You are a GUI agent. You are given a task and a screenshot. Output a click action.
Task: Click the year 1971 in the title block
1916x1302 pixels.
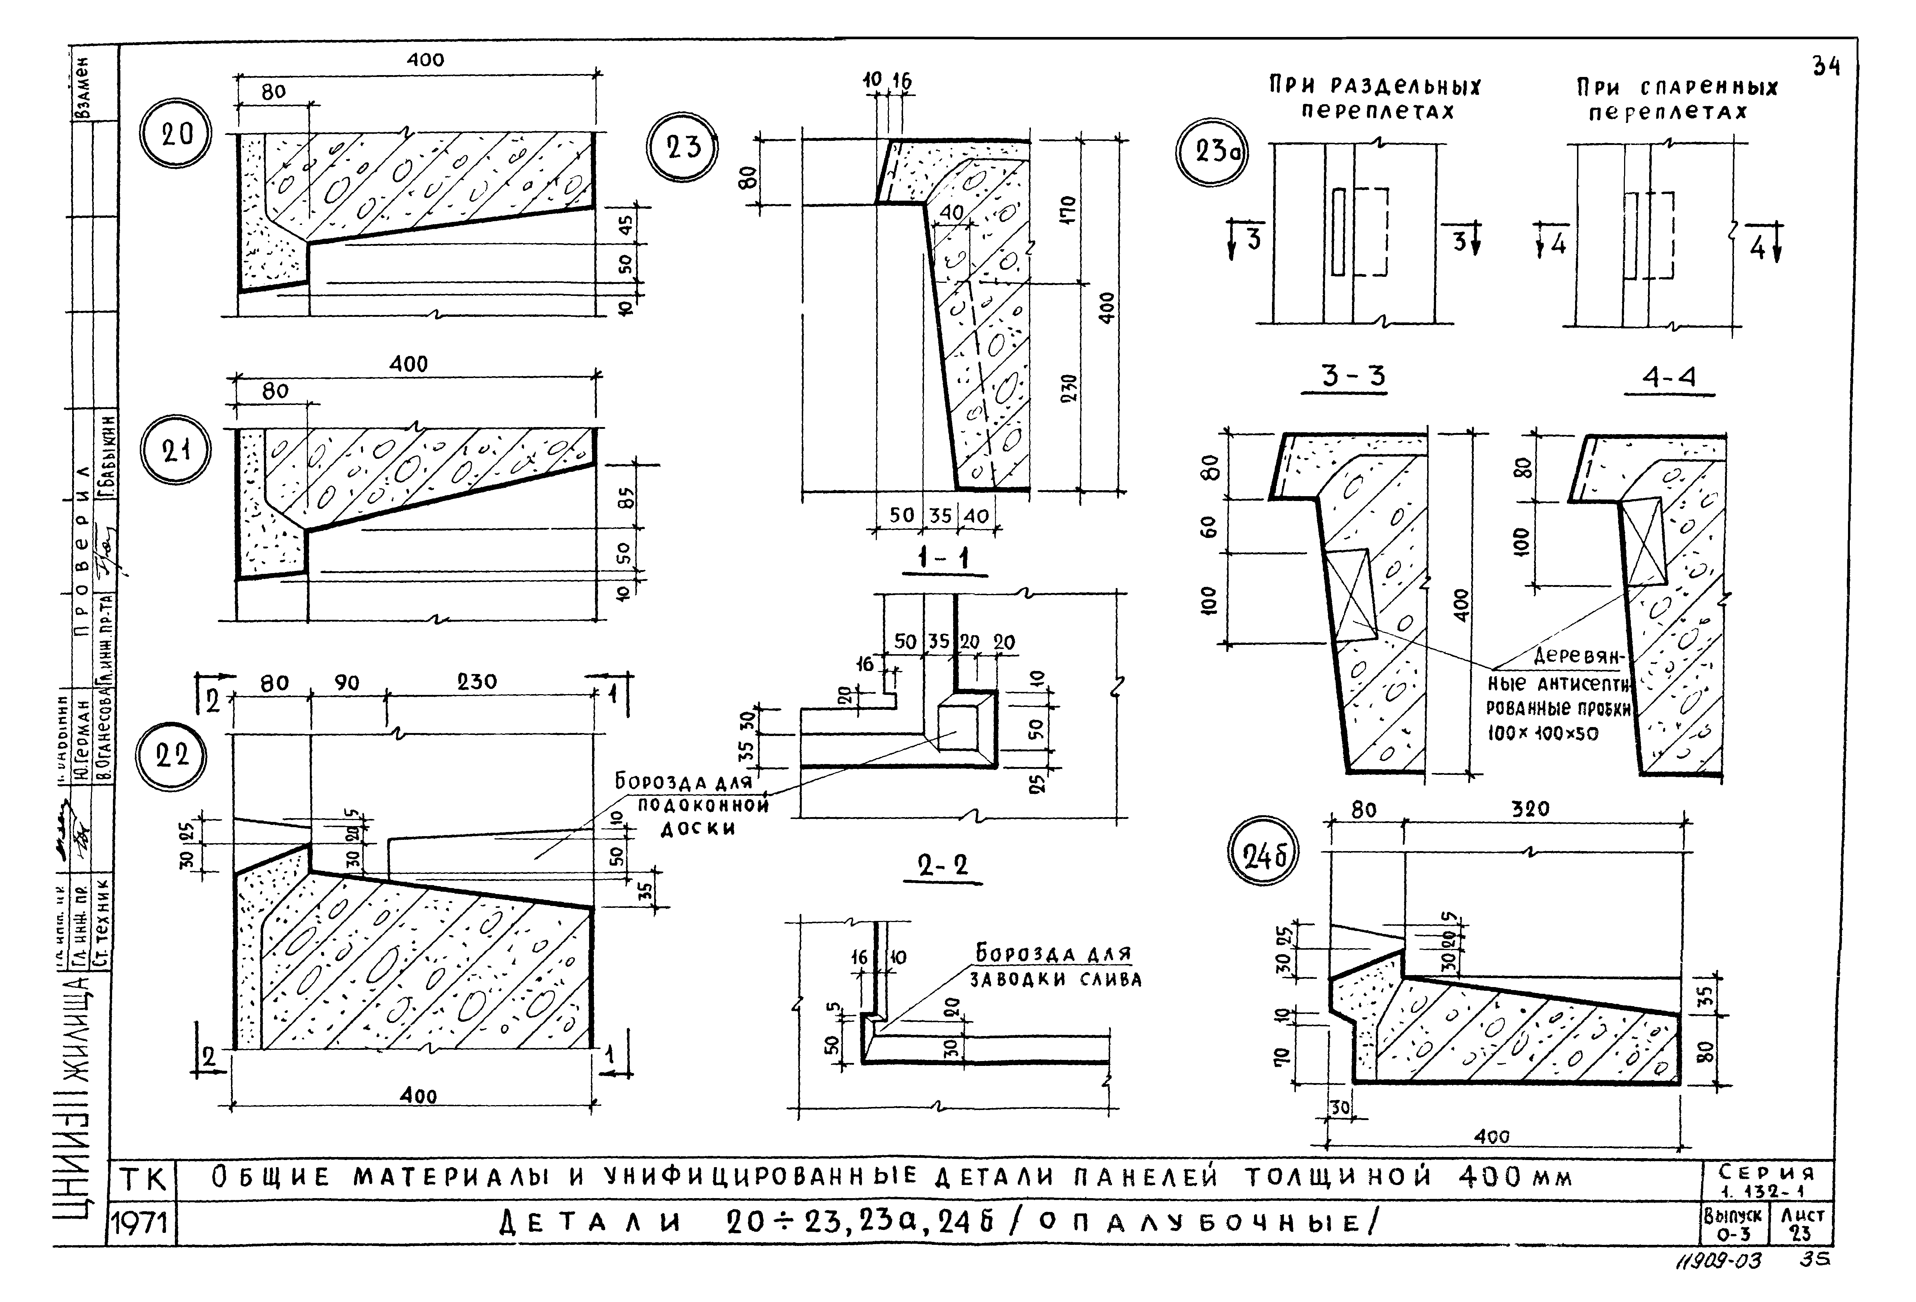(x=141, y=1225)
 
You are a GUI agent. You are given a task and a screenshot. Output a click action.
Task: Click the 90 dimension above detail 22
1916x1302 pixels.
(x=347, y=683)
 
